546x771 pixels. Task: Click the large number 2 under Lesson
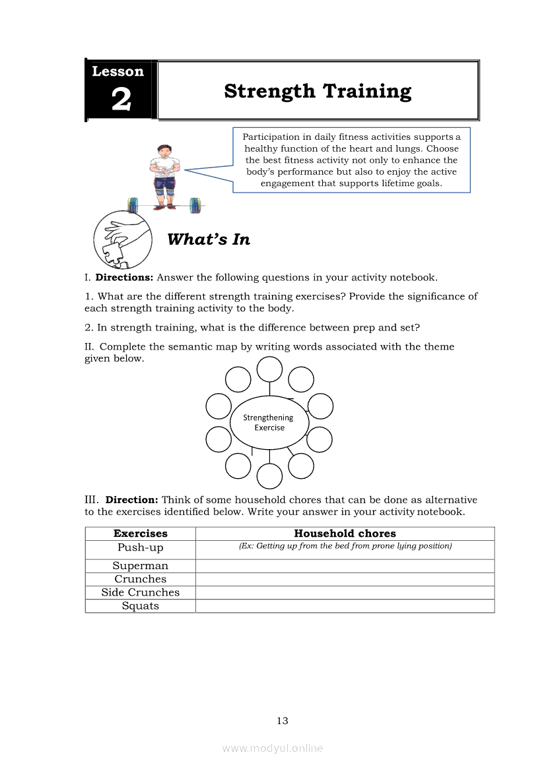121,100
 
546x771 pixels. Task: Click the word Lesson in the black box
118,71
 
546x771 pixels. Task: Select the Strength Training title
318,91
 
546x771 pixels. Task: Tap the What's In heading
209,239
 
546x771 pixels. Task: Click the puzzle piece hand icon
119,239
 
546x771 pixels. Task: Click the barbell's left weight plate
132,205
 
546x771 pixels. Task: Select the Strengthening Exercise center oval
269,423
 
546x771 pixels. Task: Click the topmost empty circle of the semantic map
269,369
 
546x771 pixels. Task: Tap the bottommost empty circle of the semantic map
269,476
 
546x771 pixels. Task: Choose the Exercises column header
141,534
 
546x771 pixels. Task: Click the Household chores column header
345,534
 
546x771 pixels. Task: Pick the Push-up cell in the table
141,548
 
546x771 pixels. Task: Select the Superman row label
141,566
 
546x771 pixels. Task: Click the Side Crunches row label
141,592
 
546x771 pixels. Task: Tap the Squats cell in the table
141,606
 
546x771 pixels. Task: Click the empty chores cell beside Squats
345,606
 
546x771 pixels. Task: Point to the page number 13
283,721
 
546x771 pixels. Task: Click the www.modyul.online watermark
273,749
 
